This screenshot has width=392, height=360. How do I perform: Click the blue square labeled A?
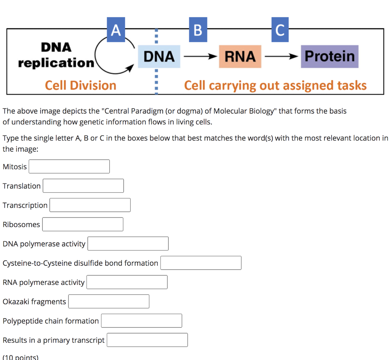coord(116,29)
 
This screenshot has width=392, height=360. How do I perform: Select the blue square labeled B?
coord(198,29)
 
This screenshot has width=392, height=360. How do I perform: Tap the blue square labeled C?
coord(279,29)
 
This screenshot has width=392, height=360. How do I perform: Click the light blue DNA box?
coord(159,57)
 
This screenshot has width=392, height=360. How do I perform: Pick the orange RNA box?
coord(240,57)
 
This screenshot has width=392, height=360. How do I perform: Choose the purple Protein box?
coord(329,56)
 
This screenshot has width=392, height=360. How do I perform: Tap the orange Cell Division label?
coord(80,85)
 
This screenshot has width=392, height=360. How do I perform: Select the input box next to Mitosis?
coord(69,167)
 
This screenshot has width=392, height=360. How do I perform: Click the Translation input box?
coord(83,186)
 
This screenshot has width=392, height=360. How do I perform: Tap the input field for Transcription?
coord(90,205)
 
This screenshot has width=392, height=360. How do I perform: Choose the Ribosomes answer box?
coord(83,224)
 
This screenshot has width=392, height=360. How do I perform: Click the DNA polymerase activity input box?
coord(128,244)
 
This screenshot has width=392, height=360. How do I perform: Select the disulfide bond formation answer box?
coord(201,263)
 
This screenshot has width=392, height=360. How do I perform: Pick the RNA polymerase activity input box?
coord(127,282)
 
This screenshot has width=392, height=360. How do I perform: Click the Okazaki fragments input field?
coord(109,301)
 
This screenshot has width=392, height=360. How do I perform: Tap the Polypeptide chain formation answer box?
coord(141,321)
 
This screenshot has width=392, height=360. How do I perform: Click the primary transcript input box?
coord(147,340)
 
